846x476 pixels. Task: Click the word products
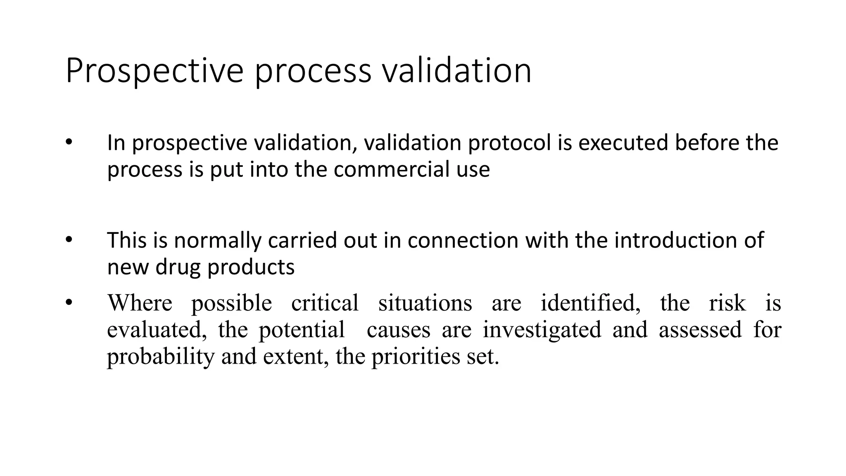pos(251,267)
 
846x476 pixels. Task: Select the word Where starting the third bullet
pos(140,303)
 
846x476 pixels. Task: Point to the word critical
pos(325,303)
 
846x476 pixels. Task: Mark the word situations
pos(425,303)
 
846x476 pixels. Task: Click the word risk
pos(727,303)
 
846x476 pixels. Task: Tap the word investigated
pos(542,330)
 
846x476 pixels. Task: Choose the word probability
pos(161,357)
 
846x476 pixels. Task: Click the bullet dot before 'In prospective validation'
pos(69,143)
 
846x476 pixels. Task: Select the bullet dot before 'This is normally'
pos(69,240)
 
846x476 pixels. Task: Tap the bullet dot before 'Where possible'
pos(69,303)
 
